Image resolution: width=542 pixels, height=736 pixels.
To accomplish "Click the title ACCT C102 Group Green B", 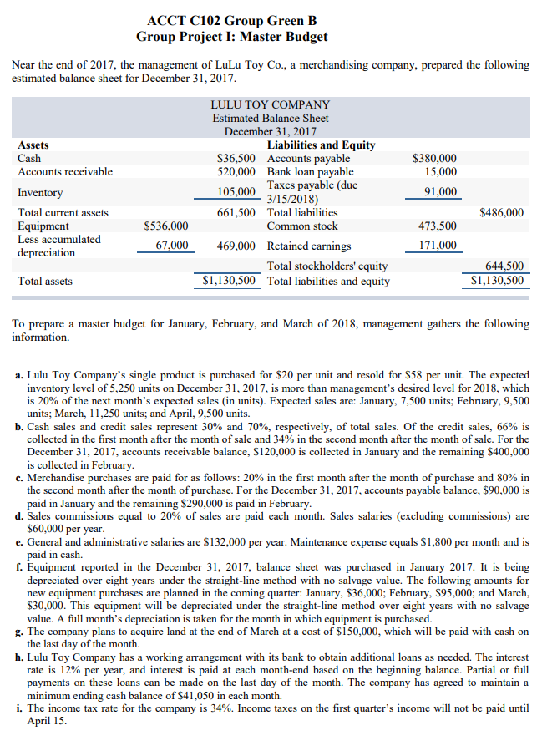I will (x=231, y=19).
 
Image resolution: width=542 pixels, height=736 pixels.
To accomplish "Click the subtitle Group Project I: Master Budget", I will (x=231, y=37).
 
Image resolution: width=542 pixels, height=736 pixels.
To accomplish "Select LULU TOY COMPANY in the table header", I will (x=271, y=104).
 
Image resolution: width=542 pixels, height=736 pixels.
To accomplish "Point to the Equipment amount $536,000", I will (x=166, y=226).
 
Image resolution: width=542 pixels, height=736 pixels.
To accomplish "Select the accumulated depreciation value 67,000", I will (x=172, y=246).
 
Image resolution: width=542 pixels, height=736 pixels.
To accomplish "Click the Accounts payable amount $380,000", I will (x=435, y=158).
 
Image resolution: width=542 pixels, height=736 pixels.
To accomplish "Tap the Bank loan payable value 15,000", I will (x=441, y=171).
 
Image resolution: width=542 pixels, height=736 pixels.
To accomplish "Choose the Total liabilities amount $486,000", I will (x=502, y=212).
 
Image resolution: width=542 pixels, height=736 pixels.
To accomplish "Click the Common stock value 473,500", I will (x=437, y=226).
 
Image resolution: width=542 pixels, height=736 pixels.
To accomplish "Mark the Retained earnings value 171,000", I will (x=437, y=246).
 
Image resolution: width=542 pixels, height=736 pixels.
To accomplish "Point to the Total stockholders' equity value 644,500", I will (x=504, y=266).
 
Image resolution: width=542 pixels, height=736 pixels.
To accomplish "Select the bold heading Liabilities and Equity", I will (x=321, y=145).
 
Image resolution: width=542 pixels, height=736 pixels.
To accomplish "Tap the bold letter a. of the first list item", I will (x=19, y=377).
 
